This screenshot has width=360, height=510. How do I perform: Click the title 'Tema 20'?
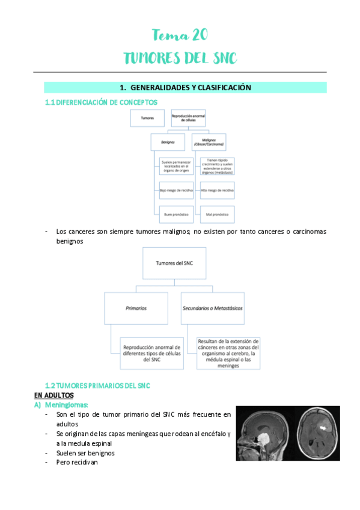[x=180, y=35]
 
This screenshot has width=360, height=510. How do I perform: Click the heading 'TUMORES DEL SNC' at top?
[x=180, y=58]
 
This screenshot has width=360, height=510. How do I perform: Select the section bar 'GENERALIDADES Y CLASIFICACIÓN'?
[x=185, y=88]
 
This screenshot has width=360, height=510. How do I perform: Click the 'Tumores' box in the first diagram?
[x=147, y=118]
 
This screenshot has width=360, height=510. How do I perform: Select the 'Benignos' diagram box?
[x=168, y=143]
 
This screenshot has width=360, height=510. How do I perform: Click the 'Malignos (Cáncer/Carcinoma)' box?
[x=209, y=143]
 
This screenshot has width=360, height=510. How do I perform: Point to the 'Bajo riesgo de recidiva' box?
[x=176, y=191]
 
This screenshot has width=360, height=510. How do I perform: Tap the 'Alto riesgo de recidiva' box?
[x=217, y=191]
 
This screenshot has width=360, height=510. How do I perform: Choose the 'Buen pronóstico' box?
[x=176, y=214]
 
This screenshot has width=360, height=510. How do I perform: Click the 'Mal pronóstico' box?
[x=217, y=214]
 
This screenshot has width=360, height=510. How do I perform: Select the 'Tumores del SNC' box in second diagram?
[x=180, y=263]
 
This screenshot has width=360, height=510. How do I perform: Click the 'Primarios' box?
[x=136, y=308]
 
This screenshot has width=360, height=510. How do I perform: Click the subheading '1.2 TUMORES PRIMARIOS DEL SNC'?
[x=97, y=385]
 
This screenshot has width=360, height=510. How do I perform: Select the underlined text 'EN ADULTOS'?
[x=53, y=395]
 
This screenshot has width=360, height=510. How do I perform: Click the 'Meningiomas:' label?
[x=65, y=405]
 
